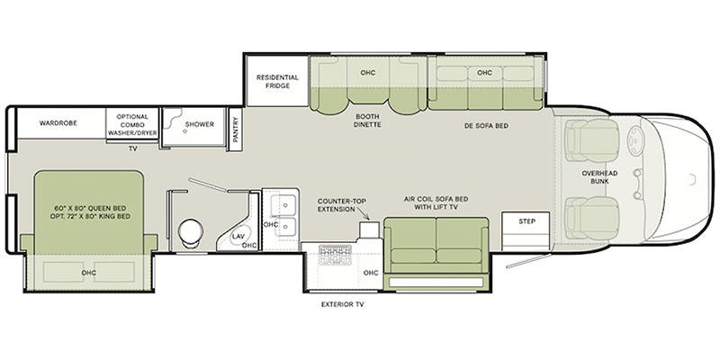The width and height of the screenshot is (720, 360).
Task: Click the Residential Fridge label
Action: (277, 81)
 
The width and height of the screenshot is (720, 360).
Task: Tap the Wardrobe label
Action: (58, 123)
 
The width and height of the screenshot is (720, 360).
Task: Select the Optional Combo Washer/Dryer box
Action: (132, 123)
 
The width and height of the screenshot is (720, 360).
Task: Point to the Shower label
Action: (200, 124)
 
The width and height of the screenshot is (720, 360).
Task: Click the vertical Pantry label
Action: (235, 130)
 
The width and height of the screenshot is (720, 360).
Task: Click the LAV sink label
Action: (238, 236)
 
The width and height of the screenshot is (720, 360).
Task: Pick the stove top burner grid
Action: (335, 252)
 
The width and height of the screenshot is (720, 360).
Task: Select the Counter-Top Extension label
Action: (337, 205)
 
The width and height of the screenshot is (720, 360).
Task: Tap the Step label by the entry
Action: (526, 221)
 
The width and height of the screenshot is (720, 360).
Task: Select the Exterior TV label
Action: (343, 304)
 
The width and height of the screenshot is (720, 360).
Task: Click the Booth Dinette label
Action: (368, 121)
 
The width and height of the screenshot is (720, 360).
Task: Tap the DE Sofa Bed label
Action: (486, 125)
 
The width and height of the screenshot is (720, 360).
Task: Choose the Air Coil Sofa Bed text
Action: (436, 199)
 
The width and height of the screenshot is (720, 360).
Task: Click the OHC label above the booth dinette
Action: (368, 73)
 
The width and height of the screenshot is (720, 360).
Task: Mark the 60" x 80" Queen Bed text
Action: (89, 208)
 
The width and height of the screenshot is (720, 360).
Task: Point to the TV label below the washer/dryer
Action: (132, 148)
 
